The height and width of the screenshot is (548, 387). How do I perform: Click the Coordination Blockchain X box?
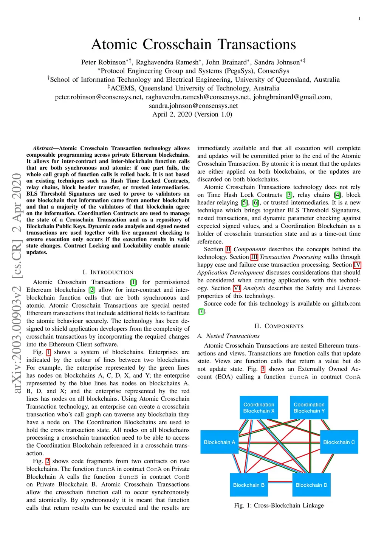pyautogui.click(x=259, y=408)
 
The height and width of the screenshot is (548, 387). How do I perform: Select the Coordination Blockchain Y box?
pyautogui.click(x=309, y=408)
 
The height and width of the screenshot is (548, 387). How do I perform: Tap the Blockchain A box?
pyautogui.click(x=219, y=442)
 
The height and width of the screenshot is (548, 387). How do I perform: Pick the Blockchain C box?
pyautogui.click(x=339, y=442)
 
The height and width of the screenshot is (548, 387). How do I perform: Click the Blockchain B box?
pyautogui.click(x=249, y=485)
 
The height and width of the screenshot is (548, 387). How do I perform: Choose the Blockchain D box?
pyautogui.click(x=311, y=485)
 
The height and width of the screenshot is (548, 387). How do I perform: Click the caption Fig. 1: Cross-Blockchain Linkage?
pyautogui.click(x=279, y=505)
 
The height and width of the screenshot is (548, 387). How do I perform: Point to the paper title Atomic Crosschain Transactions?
pyautogui.click(x=193, y=44)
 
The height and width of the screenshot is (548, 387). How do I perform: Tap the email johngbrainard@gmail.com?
pyautogui.click(x=293, y=97)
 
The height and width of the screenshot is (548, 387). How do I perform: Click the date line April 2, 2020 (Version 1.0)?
pyautogui.click(x=192, y=114)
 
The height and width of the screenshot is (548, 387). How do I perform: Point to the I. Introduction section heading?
pyautogui.click(x=108, y=272)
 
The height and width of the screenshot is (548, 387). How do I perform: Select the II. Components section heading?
pyautogui.click(x=279, y=326)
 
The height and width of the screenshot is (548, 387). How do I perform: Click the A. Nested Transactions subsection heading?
pyautogui.click(x=228, y=336)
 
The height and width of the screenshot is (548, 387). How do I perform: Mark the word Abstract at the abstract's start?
pyautogui.click(x=43, y=148)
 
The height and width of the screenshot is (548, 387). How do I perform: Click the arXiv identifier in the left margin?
pyautogui.click(x=17, y=283)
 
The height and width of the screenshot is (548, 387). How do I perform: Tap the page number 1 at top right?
pyautogui.click(x=359, y=19)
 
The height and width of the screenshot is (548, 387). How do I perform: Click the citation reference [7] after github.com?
pyautogui.click(x=201, y=311)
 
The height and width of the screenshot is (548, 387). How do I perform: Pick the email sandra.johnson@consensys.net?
pyautogui.click(x=193, y=106)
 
